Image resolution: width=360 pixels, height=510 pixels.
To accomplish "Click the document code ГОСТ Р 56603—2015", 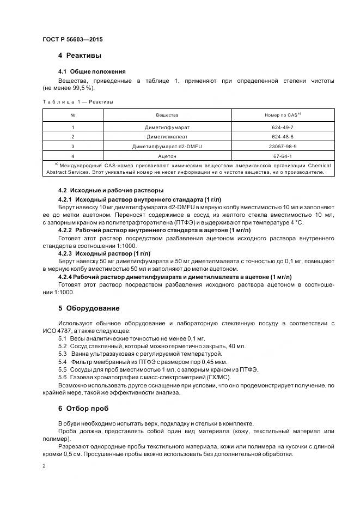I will click(x=72, y=40).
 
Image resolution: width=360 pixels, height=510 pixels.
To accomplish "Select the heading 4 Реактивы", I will click(x=80, y=56).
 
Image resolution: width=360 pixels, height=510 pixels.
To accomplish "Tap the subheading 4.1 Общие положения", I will click(x=91, y=71).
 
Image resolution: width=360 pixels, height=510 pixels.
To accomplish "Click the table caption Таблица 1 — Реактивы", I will click(x=77, y=101).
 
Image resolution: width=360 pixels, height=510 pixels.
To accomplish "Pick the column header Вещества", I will click(x=167, y=116).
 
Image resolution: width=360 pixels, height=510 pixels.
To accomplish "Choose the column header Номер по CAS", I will click(x=283, y=115).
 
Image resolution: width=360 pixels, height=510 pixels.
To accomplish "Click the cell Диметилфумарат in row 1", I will click(x=167, y=127).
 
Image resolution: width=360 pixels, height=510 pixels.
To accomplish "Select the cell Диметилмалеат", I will click(x=167, y=137).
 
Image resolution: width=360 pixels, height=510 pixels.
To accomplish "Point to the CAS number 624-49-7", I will click(x=283, y=127).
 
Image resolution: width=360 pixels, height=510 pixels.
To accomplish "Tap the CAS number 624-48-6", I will click(x=283, y=137).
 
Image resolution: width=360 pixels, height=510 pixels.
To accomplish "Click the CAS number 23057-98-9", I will click(x=283, y=147).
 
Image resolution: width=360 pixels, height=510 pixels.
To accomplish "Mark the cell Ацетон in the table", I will click(x=167, y=156).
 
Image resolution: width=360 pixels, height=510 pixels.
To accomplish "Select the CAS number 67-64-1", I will click(x=283, y=156).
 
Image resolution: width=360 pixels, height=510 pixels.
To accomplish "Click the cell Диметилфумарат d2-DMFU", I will click(x=167, y=147).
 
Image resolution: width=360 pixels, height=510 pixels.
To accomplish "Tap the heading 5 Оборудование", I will click(x=89, y=308).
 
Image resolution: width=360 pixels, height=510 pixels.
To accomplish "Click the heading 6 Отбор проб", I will click(x=83, y=408).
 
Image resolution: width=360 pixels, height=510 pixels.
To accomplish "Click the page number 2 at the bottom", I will click(x=44, y=466).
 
